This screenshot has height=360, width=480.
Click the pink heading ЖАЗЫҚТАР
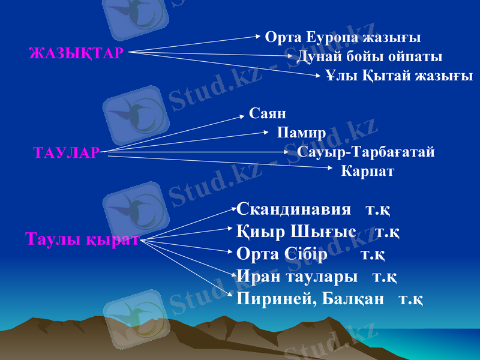(x=76, y=53)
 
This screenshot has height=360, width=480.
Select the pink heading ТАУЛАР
(x=66, y=153)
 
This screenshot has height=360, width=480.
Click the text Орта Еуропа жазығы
(x=343, y=37)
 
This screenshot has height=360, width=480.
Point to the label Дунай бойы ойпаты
(x=370, y=57)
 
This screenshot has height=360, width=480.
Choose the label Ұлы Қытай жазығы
(x=399, y=76)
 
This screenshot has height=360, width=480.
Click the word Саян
(x=267, y=113)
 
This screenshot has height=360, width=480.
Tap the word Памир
(x=301, y=132)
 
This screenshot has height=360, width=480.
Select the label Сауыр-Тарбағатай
(x=366, y=152)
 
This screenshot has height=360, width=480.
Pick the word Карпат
(x=367, y=171)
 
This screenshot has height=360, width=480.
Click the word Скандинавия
(x=294, y=209)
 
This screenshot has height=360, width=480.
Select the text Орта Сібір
(x=282, y=254)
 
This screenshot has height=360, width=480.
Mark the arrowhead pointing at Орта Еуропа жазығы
(x=258, y=37)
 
